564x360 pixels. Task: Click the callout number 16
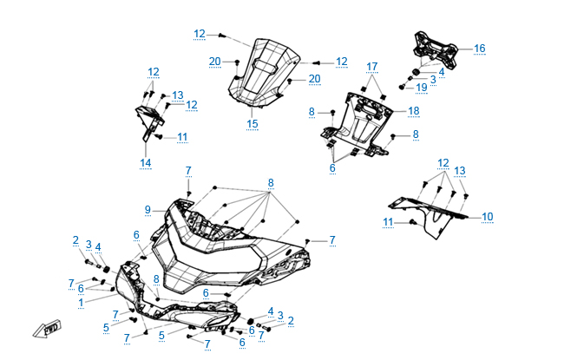(x=479, y=49)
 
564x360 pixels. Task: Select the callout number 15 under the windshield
(x=252, y=124)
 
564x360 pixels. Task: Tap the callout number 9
(x=148, y=209)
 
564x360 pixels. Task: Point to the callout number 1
(x=80, y=302)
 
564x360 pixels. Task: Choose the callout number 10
(x=487, y=216)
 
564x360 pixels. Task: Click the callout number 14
(x=145, y=162)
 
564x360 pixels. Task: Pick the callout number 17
(x=372, y=67)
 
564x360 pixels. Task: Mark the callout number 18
(x=413, y=111)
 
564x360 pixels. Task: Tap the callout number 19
(x=421, y=88)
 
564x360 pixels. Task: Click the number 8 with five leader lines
(x=271, y=182)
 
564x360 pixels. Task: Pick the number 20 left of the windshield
(x=214, y=61)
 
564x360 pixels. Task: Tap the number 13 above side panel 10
(x=462, y=170)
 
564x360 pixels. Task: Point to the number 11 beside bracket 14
(x=182, y=137)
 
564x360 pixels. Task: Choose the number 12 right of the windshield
(x=341, y=62)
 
